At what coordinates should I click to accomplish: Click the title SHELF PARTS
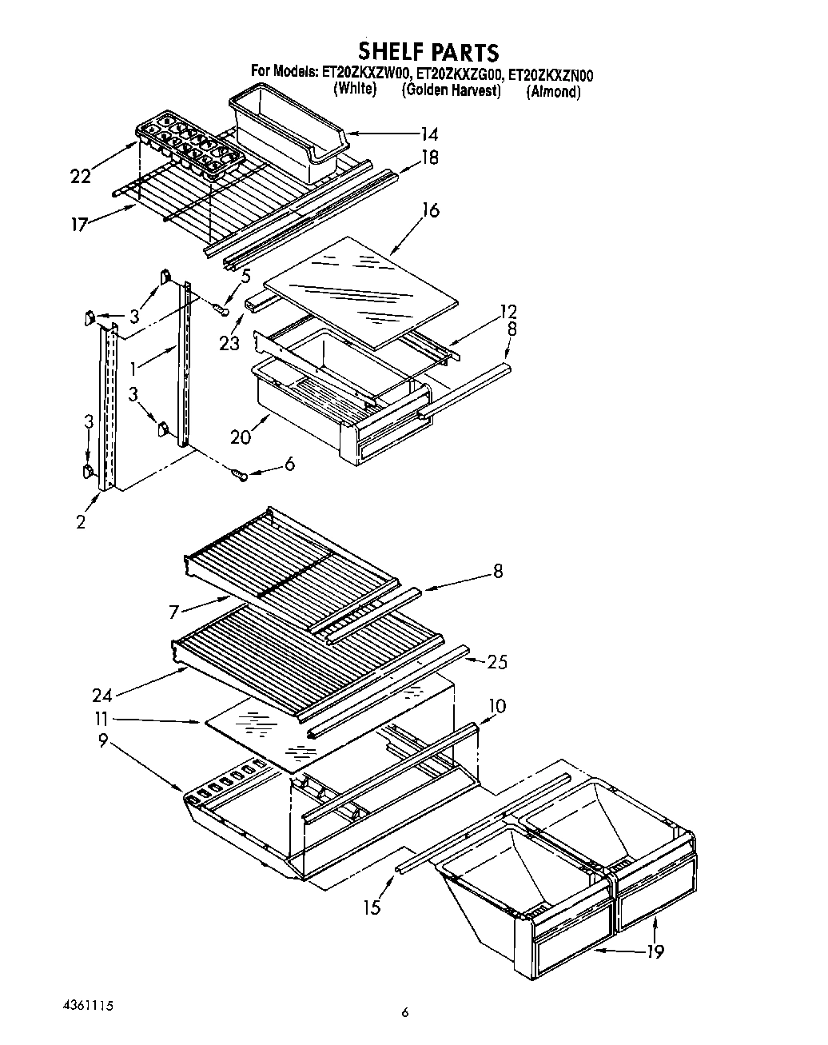[428, 52]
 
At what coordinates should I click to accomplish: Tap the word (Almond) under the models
[553, 92]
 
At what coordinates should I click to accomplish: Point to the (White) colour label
[354, 89]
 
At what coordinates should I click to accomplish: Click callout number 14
[428, 134]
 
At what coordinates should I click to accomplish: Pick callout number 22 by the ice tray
[82, 177]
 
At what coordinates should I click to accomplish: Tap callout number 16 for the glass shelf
[430, 210]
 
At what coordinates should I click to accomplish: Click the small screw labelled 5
[223, 308]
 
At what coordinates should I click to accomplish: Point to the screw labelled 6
[239, 476]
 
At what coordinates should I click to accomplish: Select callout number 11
[102, 719]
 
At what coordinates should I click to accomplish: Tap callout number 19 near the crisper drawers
[655, 951]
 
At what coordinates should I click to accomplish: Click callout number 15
[371, 907]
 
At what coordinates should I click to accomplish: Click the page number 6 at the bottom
[405, 1012]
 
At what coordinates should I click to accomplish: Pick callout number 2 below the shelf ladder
[81, 522]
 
